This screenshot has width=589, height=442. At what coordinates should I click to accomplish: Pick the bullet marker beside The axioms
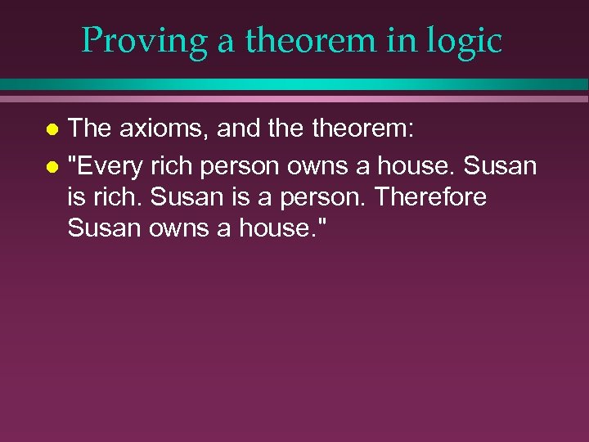52,129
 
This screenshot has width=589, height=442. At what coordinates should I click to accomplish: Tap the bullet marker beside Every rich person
52,167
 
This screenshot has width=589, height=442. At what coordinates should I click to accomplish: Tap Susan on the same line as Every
501,166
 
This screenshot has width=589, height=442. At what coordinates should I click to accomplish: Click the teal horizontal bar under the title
294,84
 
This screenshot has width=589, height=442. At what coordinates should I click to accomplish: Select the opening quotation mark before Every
72,160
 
